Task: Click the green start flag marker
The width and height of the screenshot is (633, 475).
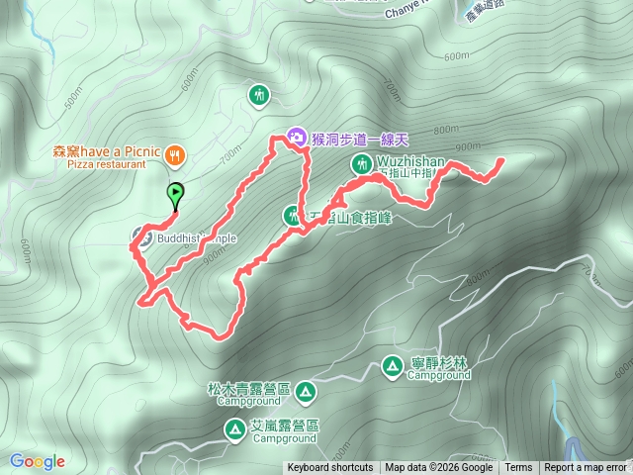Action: pos(175,193)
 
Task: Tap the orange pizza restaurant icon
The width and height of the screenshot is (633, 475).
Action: pos(175,153)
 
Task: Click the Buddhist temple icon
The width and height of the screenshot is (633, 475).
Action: pos(140,237)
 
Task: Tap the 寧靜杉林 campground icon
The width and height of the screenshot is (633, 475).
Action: pos(393,368)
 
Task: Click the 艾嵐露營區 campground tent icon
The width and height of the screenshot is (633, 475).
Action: pos(235,429)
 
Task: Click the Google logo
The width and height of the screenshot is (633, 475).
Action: pos(38,461)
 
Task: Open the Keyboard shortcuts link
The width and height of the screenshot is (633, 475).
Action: pos(330,468)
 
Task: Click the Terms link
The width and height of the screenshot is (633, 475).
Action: pos(518,468)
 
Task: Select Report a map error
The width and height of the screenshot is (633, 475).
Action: pos(586,468)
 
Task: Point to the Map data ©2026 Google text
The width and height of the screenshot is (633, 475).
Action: pos(438,468)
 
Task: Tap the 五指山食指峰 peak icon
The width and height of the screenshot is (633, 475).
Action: pos(293,215)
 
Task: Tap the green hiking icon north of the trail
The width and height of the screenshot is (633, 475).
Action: pos(258,95)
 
